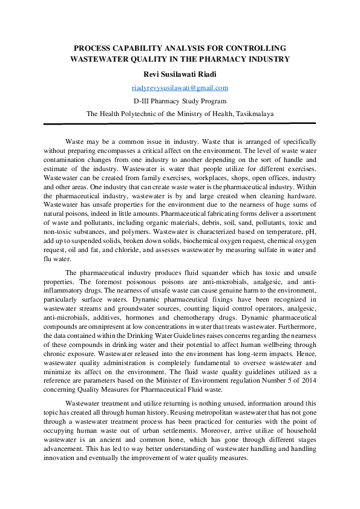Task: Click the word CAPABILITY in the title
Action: (x=132, y=47)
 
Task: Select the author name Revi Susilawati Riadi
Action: (x=180, y=74)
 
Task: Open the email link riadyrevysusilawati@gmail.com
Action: (x=180, y=88)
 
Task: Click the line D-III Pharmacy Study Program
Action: (x=180, y=101)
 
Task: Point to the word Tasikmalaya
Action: (x=253, y=114)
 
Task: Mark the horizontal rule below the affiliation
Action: (x=180, y=123)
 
